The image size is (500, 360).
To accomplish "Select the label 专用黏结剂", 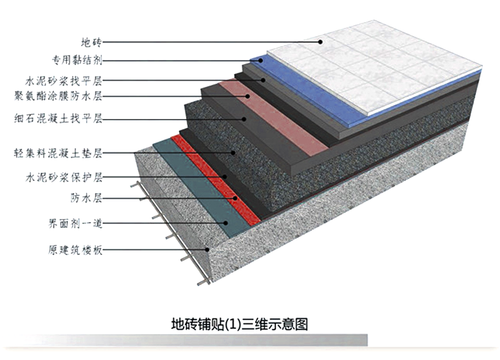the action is [77, 61].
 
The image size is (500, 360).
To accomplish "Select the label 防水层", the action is [86, 199].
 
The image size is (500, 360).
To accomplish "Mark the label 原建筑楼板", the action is [75, 249].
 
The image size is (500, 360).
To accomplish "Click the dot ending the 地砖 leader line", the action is [321, 42].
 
